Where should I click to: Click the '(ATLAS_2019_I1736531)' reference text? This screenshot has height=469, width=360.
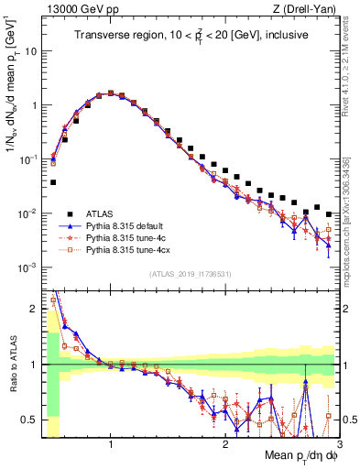190,274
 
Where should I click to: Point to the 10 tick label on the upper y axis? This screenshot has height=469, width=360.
30,51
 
